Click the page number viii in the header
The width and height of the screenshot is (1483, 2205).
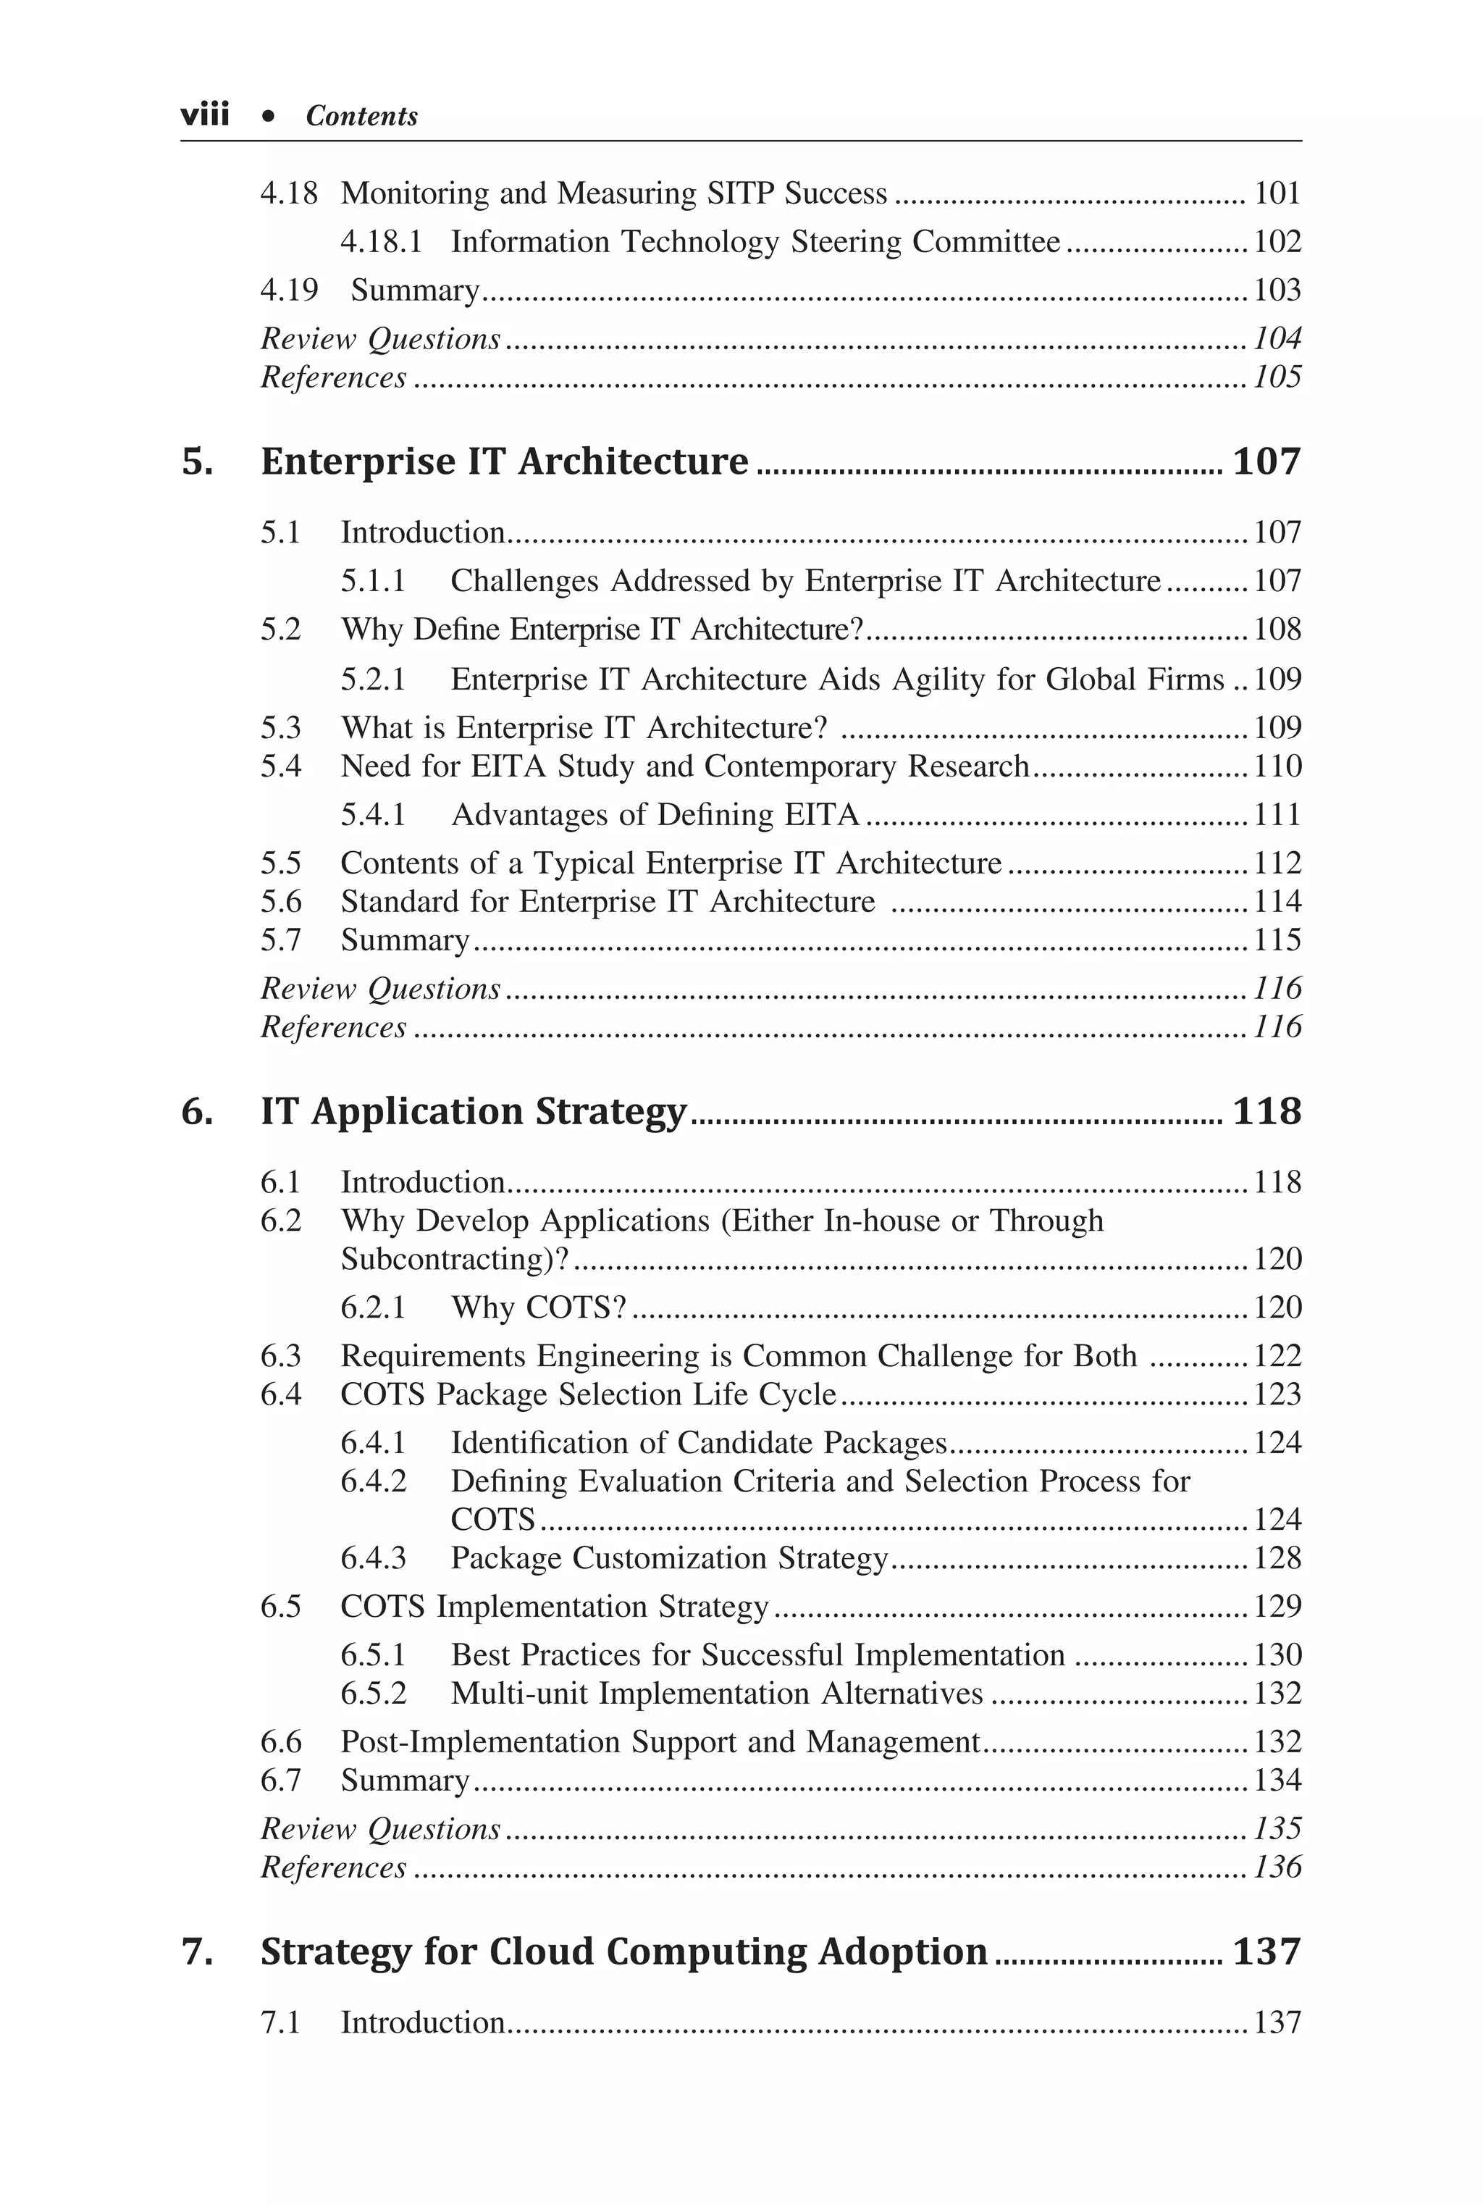click(x=204, y=115)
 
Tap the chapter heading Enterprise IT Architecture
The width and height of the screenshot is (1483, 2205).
click(x=504, y=461)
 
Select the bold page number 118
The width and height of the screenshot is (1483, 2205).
click(x=1266, y=1111)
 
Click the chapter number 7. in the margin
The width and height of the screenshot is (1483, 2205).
click(x=197, y=1951)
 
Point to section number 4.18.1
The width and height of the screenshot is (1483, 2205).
click(x=381, y=242)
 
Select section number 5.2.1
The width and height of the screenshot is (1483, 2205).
click(x=373, y=680)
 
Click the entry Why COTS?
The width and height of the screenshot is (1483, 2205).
click(x=538, y=1307)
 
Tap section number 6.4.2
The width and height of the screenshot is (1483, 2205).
click(x=373, y=1481)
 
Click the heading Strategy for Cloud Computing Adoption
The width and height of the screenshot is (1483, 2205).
click(x=623, y=1951)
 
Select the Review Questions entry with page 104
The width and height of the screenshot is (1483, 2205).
click(x=380, y=339)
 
